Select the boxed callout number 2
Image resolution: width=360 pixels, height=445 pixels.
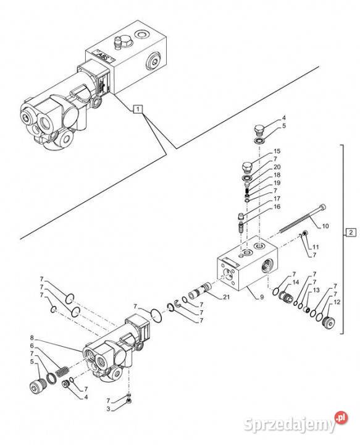tap(350, 232)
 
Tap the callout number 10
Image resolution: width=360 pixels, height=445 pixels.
tap(326, 227)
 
